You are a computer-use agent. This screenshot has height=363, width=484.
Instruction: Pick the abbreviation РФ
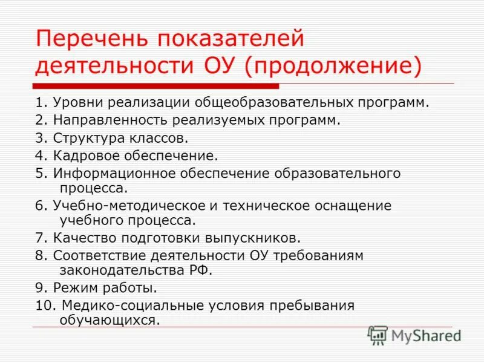coord(201,269)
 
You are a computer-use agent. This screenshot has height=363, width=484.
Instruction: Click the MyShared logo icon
coord(378,335)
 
